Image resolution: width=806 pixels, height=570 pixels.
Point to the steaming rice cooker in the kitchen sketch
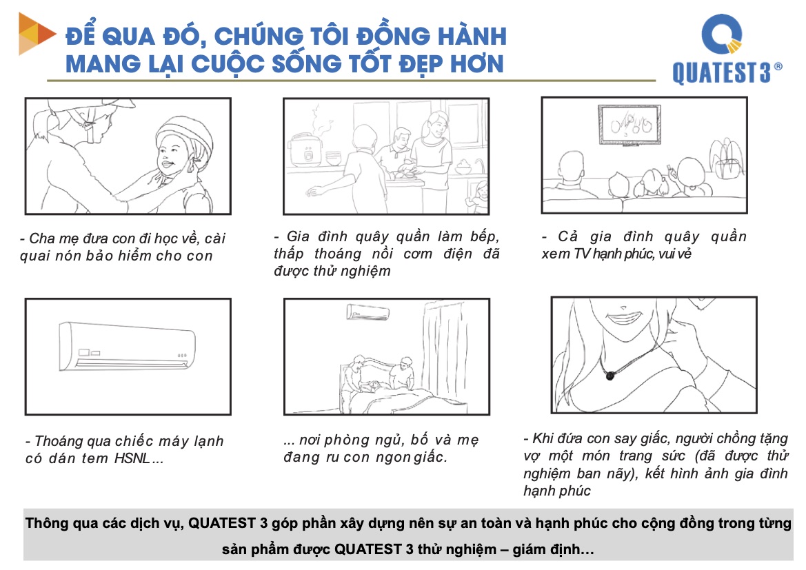[306, 149]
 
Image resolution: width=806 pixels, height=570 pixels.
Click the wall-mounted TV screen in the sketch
[629, 125]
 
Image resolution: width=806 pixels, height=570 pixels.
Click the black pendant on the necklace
[609, 376]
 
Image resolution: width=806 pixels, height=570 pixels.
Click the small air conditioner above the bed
[367, 312]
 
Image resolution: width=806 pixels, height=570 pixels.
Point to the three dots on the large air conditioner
[182, 355]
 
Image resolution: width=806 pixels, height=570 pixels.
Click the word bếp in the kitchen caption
[485, 236]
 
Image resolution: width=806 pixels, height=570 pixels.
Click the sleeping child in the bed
[374, 386]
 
